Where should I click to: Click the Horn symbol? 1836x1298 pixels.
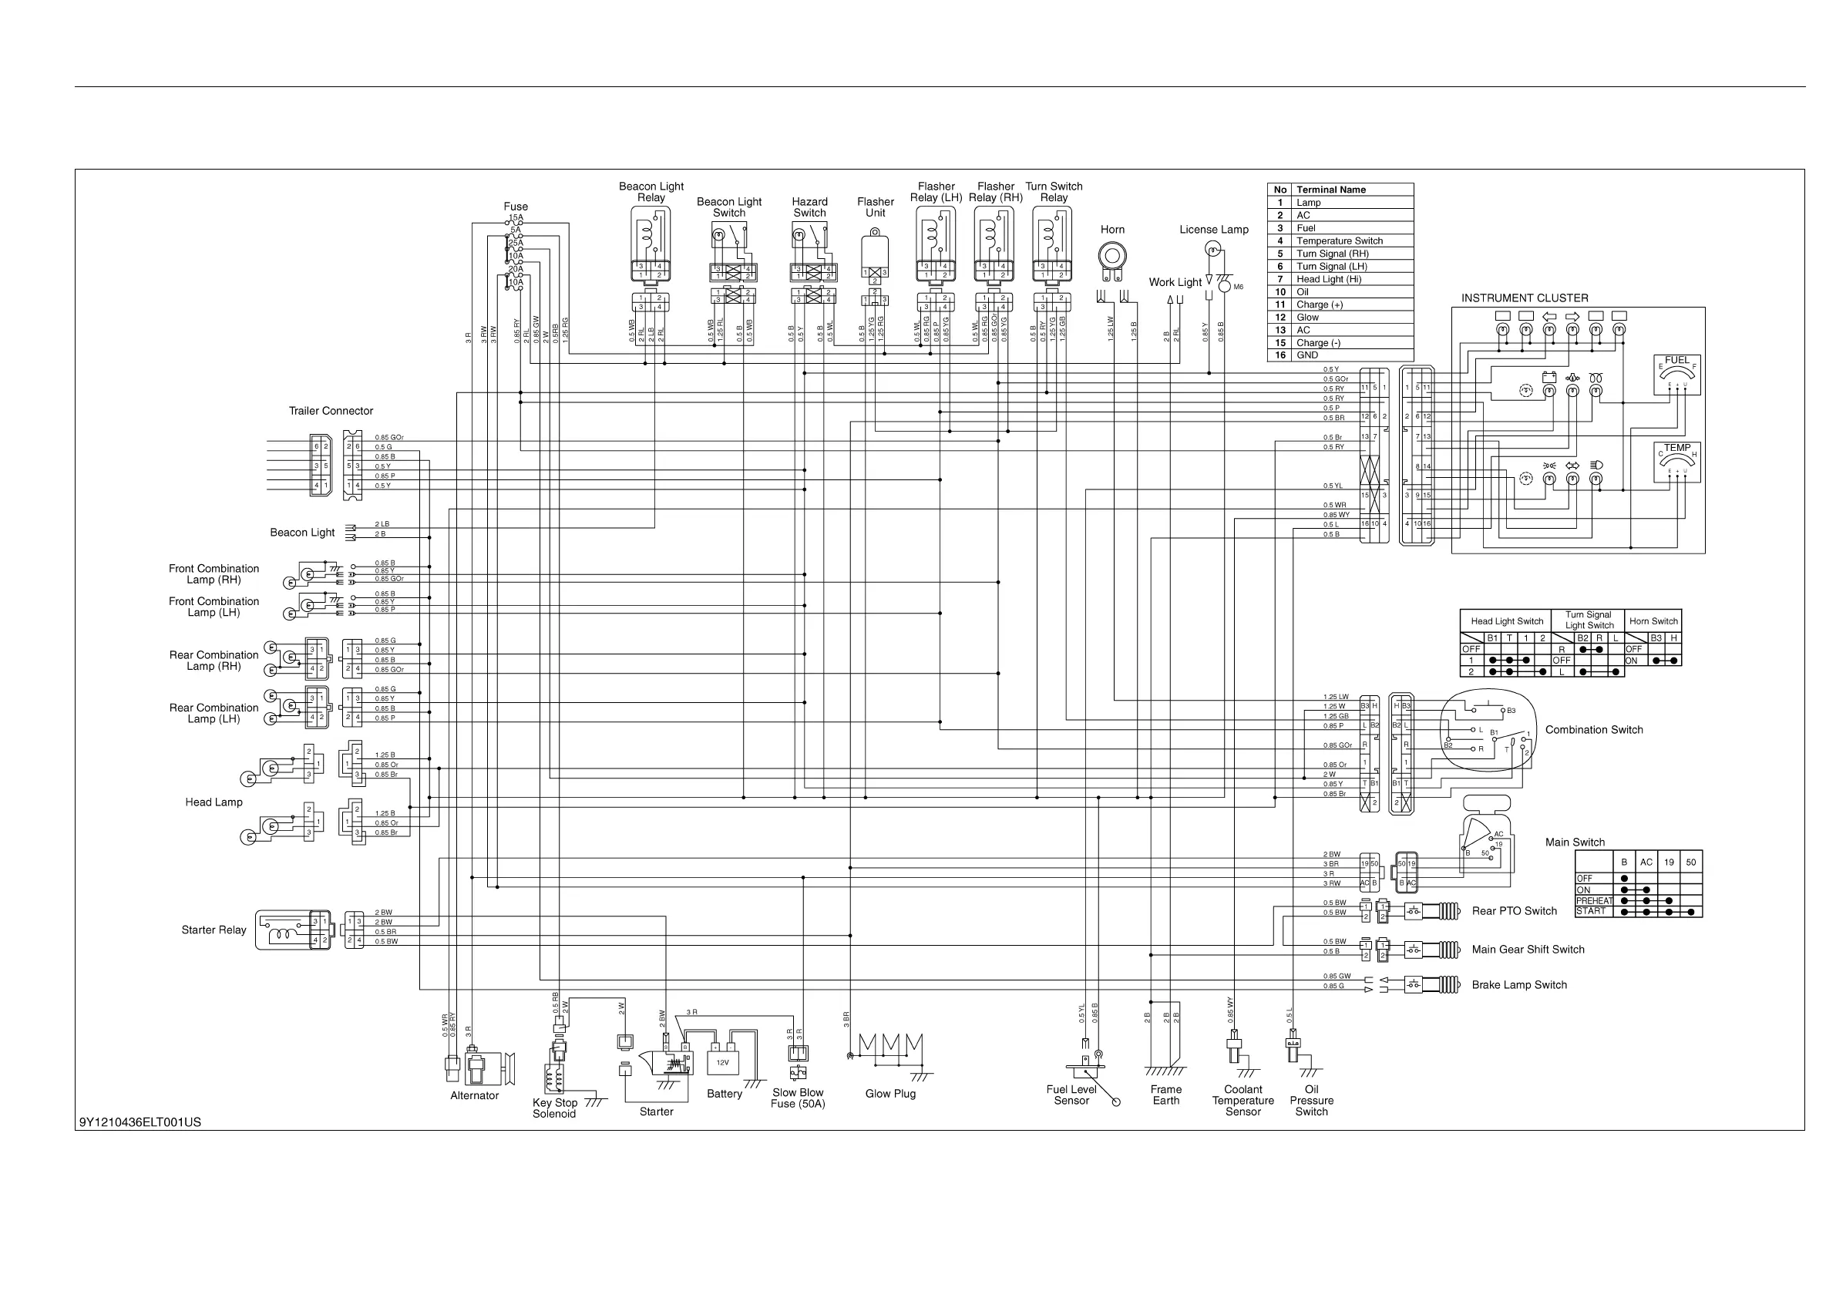[1111, 257]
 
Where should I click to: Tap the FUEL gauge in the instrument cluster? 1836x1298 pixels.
[1677, 375]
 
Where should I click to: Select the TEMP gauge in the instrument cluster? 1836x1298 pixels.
[1677, 462]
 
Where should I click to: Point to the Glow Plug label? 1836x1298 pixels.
[890, 1094]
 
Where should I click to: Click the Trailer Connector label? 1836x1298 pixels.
[331, 411]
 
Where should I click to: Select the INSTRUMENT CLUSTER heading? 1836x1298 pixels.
[1525, 298]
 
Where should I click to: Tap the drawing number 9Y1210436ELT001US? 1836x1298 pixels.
[140, 1122]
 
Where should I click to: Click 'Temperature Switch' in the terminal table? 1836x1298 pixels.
[1340, 240]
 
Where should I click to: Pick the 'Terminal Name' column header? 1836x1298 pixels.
[1330, 190]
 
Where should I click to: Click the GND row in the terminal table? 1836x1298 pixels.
[1307, 355]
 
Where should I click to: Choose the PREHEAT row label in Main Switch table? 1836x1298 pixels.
[1594, 900]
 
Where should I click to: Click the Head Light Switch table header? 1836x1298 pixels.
[1507, 621]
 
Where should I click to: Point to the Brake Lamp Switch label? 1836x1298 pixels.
[1519, 985]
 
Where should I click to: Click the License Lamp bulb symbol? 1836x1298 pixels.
[1213, 251]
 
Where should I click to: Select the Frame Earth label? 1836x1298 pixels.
[1166, 1095]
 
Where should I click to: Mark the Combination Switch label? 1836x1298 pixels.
[1594, 730]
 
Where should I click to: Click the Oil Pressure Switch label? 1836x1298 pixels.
[1311, 1101]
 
